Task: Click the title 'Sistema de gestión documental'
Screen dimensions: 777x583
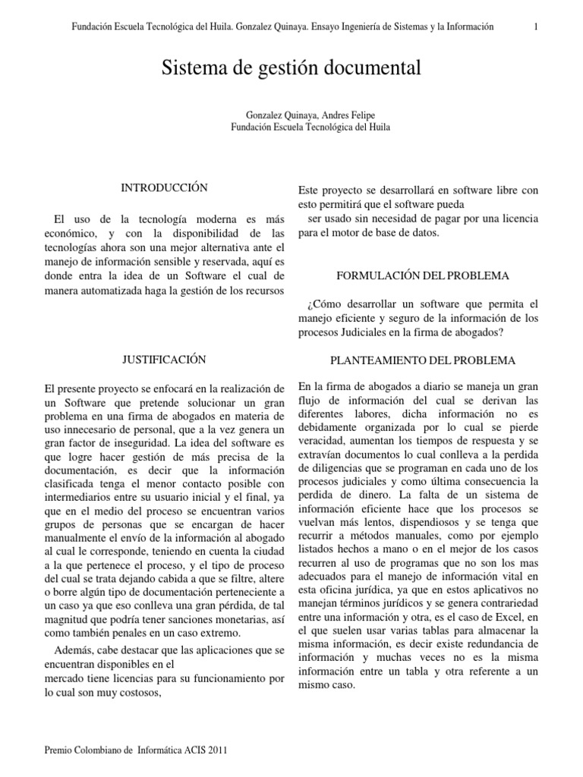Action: (291, 69)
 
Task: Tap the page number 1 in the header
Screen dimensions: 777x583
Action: (536, 27)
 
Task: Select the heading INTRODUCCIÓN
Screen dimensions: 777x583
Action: (164, 187)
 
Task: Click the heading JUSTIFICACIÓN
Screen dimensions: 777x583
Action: (164, 359)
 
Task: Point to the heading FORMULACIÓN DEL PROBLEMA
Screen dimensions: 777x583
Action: (419, 275)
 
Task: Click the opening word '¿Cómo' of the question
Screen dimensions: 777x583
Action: (321, 304)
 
